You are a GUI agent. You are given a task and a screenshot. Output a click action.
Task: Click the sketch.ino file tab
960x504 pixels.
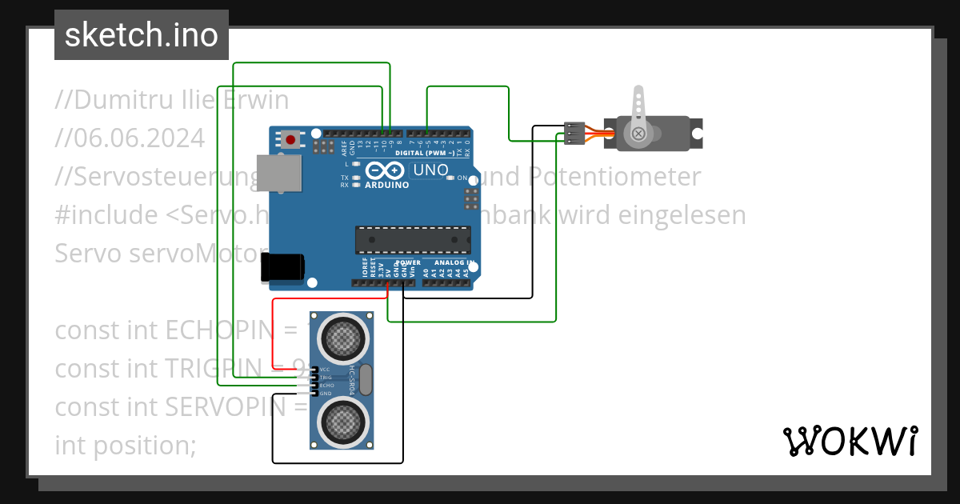[x=141, y=35]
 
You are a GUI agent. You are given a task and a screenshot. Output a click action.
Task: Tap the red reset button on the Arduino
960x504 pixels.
[x=290, y=140]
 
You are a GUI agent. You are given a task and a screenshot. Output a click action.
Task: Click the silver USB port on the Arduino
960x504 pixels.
[x=279, y=174]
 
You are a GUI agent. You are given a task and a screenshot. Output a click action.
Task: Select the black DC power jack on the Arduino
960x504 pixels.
[x=282, y=267]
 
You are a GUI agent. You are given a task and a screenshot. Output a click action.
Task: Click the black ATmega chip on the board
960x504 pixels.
[x=413, y=238]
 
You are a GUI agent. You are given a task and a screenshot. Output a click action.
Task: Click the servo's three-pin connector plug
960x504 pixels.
[x=574, y=134]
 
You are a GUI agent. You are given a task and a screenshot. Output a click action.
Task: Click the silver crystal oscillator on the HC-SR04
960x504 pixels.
[x=366, y=378]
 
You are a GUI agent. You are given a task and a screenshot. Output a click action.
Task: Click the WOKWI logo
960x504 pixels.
[x=850, y=441]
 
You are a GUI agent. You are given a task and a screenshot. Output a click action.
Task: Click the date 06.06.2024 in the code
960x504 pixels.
[x=130, y=138]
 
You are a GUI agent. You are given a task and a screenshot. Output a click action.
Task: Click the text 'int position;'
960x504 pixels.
[x=125, y=444]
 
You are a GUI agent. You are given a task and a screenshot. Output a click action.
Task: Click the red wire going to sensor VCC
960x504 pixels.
[x=274, y=336]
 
